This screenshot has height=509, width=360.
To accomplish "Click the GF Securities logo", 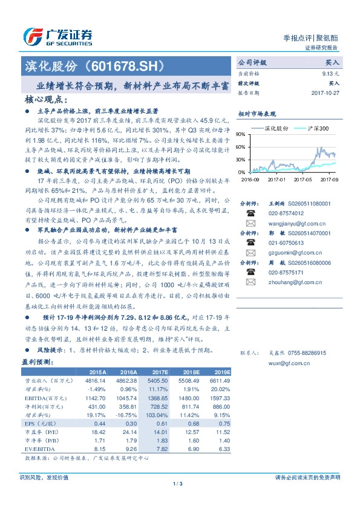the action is [57, 36].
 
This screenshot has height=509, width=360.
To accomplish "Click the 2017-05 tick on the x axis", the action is [303, 179].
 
